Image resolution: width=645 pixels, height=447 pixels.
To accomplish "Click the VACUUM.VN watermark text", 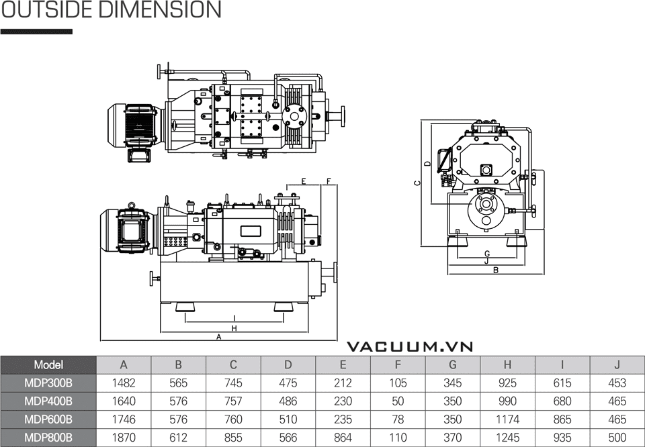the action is pos(410,347).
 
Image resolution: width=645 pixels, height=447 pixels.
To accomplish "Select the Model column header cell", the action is pos(48,364).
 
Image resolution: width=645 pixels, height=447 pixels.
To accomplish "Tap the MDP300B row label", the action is pos(48,383).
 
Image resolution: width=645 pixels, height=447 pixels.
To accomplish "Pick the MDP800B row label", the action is pos(48,438).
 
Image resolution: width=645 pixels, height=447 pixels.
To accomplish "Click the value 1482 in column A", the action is pos(124,383).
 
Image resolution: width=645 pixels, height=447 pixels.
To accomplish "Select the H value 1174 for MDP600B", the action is pos(507,419).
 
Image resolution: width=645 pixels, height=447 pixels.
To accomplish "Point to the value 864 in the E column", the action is pos(343,438).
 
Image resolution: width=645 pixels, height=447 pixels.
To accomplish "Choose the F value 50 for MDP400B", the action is pos(398,401).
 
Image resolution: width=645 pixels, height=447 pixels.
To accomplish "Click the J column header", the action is pos(617,364).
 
